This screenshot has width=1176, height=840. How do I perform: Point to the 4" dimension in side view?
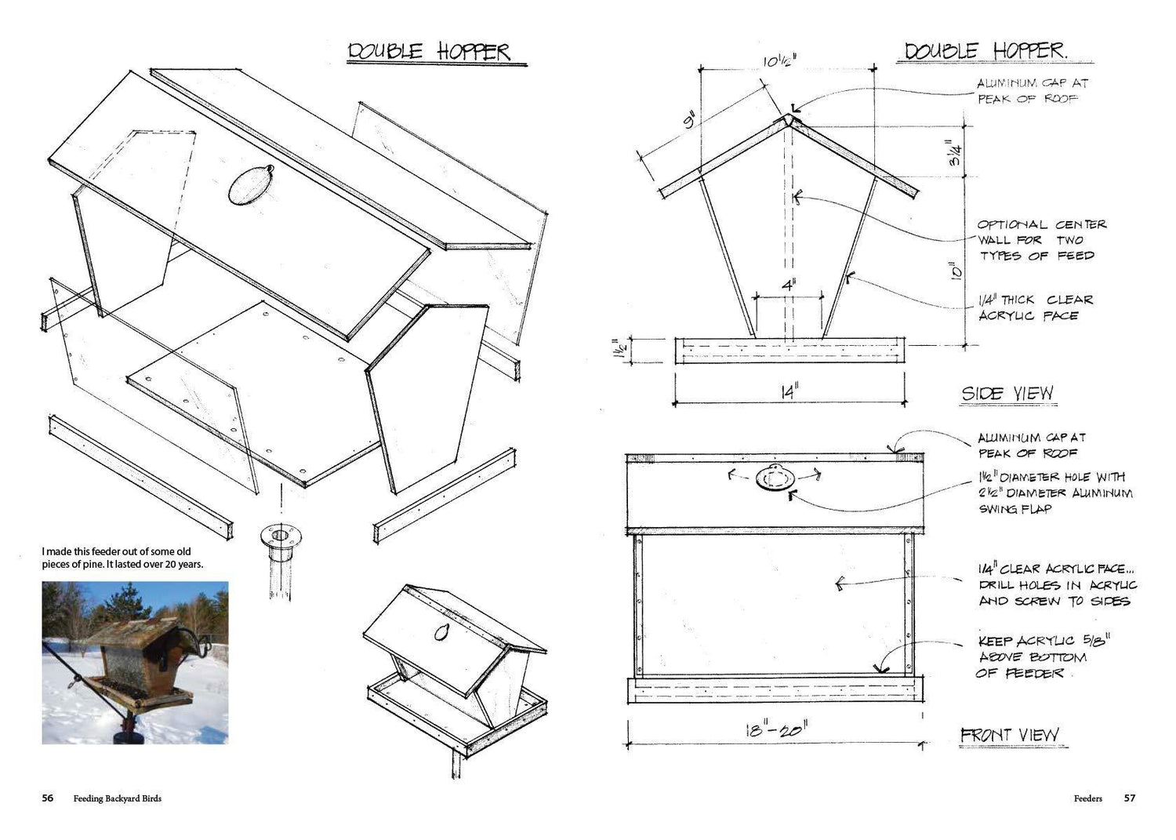(789, 285)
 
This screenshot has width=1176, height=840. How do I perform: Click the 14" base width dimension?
(789, 391)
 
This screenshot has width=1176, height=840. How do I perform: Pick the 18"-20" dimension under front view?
(776, 729)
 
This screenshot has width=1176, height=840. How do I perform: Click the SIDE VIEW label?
(1007, 394)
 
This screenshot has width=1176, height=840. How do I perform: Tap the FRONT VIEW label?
(1010, 734)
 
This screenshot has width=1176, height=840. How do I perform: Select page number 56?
(48, 798)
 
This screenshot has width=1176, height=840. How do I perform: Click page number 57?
(1129, 798)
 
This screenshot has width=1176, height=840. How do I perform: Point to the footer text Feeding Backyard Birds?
(118, 798)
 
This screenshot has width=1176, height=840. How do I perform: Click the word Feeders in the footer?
(1088, 798)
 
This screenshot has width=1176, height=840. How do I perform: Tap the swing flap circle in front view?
(775, 478)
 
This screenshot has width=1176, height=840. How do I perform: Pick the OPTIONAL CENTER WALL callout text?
(1042, 240)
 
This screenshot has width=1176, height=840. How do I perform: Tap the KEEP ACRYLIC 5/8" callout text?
(1042, 656)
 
